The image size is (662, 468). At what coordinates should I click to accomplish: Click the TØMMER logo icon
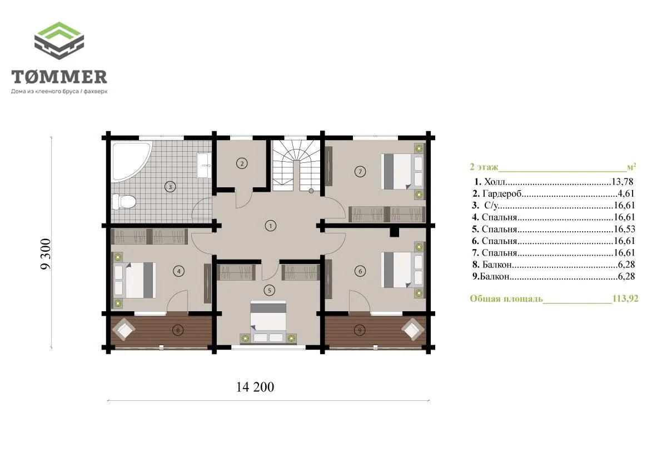tap(59, 41)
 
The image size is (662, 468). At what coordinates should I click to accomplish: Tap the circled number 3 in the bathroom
tap(170, 187)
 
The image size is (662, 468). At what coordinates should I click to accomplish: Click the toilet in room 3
tap(124, 201)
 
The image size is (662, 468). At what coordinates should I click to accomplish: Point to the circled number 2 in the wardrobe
tap(241, 163)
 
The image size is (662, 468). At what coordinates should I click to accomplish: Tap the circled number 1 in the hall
tap(270, 226)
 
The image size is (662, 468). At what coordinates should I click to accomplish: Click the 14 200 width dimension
tap(255, 387)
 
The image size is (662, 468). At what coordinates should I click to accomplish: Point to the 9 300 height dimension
tap(46, 254)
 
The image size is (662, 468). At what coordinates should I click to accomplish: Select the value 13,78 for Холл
tap(623, 182)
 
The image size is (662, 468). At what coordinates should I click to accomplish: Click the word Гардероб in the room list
tap(502, 193)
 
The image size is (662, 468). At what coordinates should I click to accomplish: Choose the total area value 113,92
tap(625, 299)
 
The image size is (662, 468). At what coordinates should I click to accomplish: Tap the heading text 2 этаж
tap(484, 167)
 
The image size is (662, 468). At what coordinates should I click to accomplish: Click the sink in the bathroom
tap(203, 166)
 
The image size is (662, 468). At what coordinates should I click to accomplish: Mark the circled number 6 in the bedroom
tap(360, 271)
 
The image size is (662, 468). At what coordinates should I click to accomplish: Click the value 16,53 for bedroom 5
tap(624, 229)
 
